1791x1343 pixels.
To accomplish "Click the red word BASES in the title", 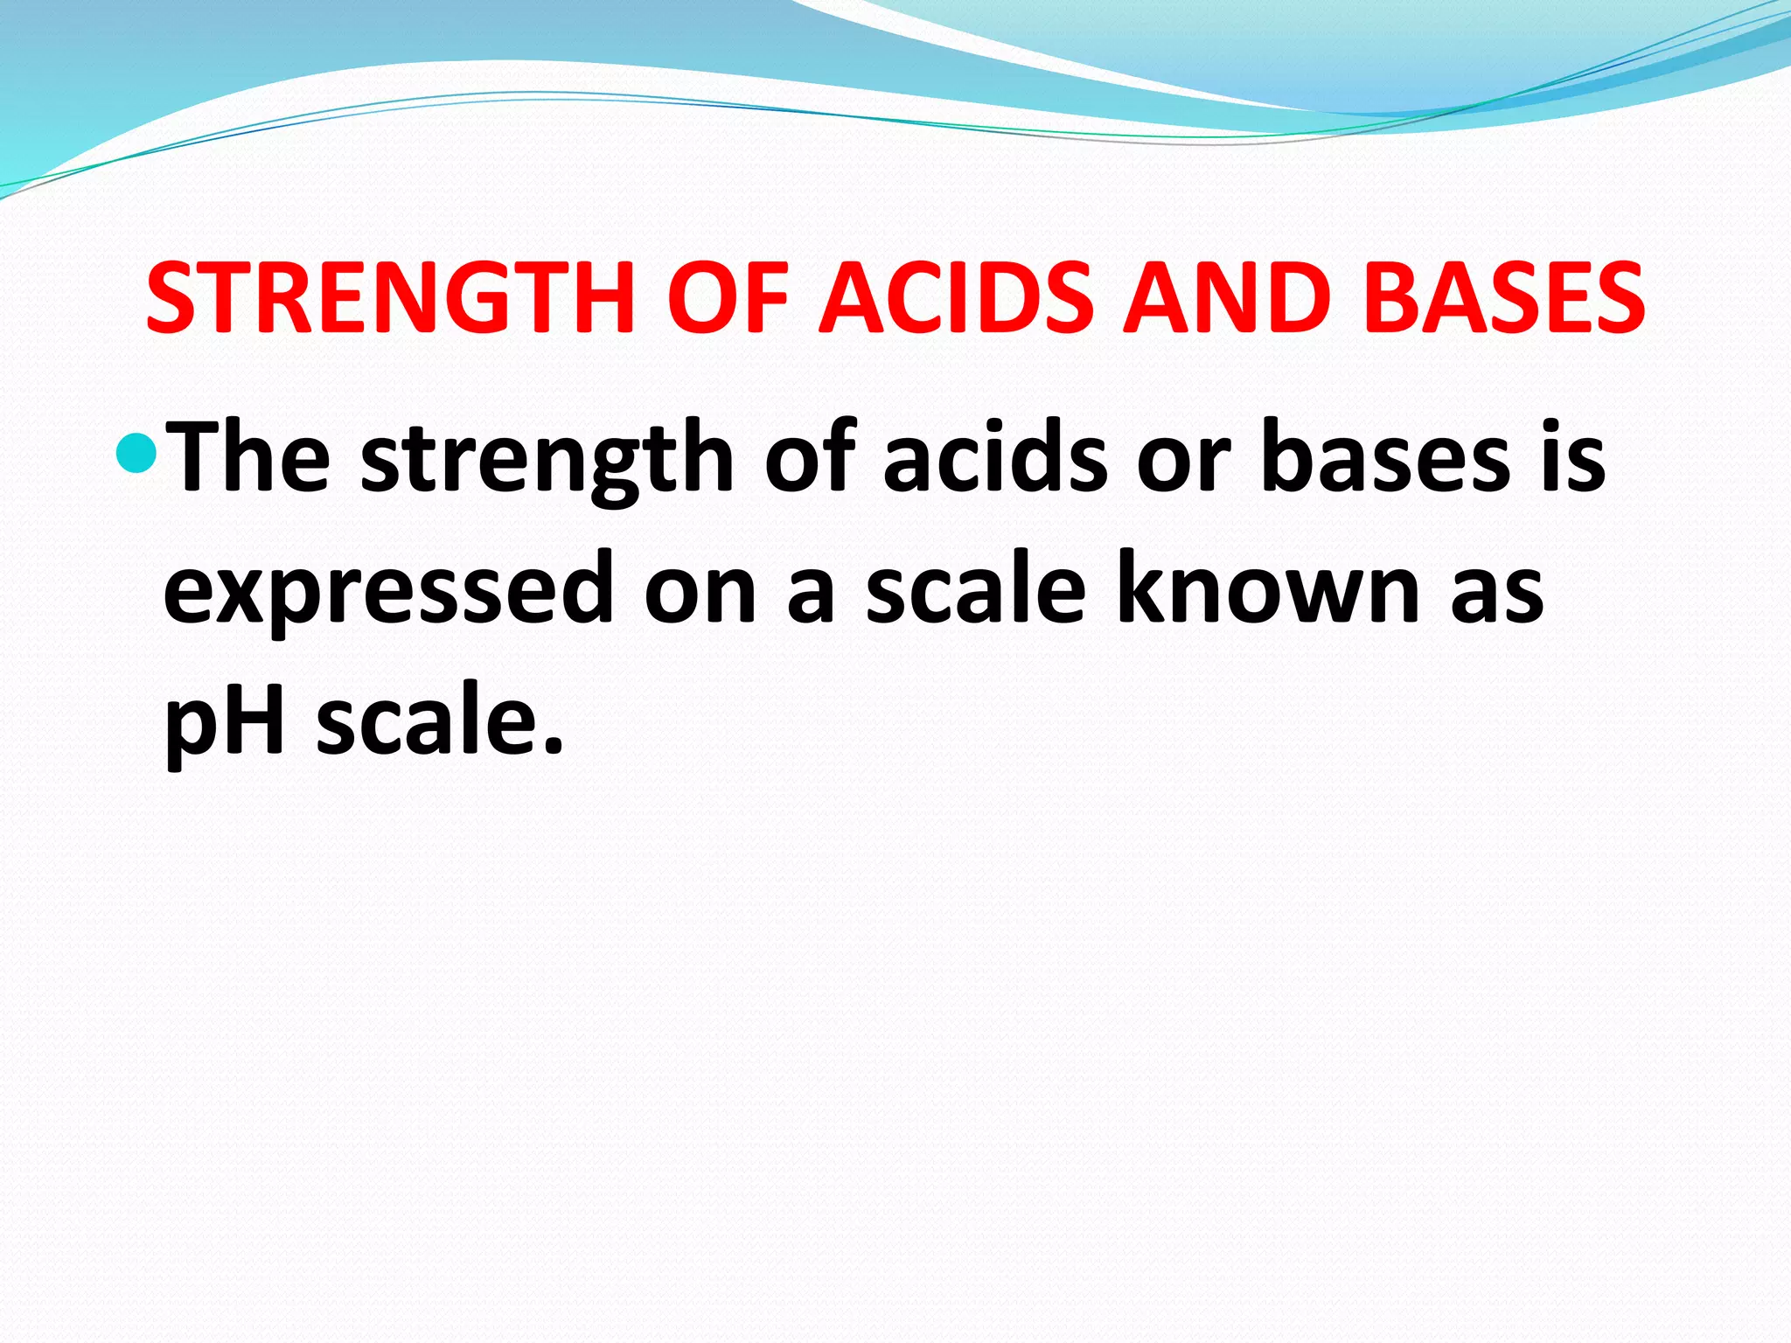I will (x=1504, y=298).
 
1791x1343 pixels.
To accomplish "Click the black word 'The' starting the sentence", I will (x=248, y=457).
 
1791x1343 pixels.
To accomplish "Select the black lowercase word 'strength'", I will (x=547, y=461).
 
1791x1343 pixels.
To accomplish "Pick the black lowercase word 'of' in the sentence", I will (x=809, y=457).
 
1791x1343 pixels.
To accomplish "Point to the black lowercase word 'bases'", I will (x=1385, y=457).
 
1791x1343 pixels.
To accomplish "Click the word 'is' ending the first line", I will (x=1573, y=457).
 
